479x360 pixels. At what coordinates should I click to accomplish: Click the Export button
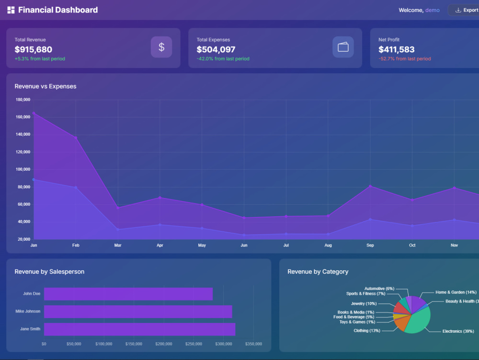464,10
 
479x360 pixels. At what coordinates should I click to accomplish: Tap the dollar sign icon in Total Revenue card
161,47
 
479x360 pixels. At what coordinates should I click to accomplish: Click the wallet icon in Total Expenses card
343,47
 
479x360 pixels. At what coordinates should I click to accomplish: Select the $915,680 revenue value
34,49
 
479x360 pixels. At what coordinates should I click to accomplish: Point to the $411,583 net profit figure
396,49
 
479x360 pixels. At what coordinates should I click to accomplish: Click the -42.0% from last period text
223,58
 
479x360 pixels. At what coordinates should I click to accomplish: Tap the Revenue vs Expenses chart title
46,86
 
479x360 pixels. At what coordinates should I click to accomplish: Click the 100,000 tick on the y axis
23,169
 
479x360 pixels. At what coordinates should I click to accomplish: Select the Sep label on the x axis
370,245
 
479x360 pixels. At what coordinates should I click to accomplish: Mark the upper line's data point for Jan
34,113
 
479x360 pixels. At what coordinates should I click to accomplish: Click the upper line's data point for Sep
370,186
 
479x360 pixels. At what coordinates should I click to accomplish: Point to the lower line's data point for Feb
76,187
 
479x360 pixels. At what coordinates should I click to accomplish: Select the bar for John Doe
128,294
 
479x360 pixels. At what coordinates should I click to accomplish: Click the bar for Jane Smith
139,329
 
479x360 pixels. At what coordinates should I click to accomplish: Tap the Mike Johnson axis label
28,311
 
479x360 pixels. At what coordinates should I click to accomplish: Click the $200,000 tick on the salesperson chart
164,344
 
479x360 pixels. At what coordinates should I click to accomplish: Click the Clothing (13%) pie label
367,330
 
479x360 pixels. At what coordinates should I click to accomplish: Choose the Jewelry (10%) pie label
364,303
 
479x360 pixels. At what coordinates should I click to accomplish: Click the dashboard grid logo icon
11,10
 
